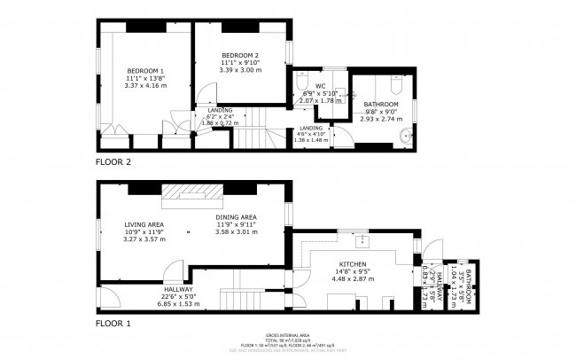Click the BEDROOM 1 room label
[145, 70]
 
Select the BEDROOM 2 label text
[239, 55]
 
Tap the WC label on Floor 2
[320, 86]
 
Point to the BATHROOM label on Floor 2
[380, 103]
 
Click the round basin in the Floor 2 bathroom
[406, 136]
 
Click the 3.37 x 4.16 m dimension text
[145, 86]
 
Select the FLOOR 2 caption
[113, 162]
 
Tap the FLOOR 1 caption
[113, 325]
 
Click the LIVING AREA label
[144, 225]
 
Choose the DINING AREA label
[236, 217]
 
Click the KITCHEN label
[353, 266]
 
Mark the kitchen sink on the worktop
[362, 241]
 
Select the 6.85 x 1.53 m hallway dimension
[177, 304]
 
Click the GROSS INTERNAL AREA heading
[288, 335]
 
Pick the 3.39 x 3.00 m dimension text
[239, 71]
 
